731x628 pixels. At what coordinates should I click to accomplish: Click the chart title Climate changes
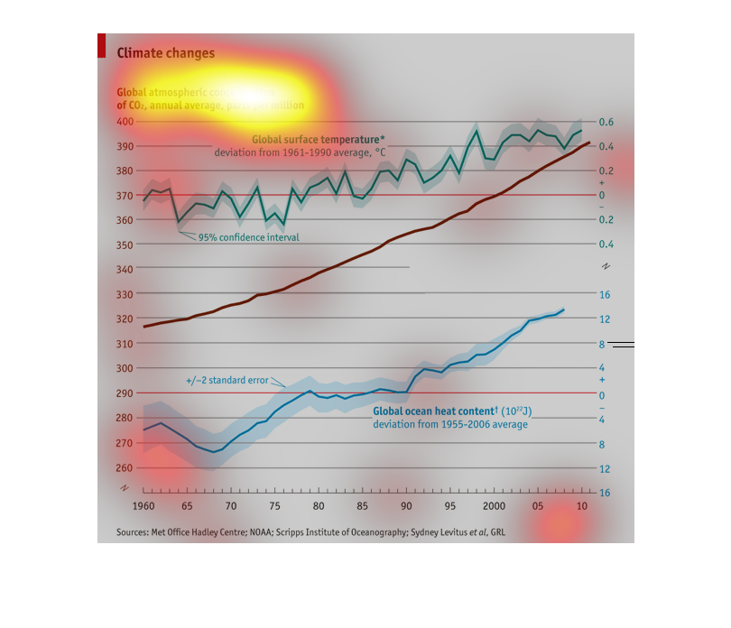[x=166, y=53]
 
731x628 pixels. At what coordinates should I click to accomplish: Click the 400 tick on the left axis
[x=125, y=121]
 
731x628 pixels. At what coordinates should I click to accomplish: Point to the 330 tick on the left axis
[x=125, y=294]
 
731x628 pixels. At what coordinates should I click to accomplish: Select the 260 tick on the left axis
[x=125, y=467]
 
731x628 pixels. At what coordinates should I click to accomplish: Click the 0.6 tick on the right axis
[x=606, y=122]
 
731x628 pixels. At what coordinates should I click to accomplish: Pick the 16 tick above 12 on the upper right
[x=605, y=294]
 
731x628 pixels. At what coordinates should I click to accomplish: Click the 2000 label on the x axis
[x=494, y=506]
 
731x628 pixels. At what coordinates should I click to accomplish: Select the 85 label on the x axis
[x=363, y=506]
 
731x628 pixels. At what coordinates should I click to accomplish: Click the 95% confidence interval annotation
[x=248, y=237]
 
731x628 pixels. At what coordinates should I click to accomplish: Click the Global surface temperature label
[x=318, y=139]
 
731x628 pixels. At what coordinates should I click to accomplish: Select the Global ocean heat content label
[x=452, y=411]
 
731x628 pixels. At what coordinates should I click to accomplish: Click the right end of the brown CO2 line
[x=589, y=142]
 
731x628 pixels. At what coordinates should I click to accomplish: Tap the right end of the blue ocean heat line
[x=564, y=309]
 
